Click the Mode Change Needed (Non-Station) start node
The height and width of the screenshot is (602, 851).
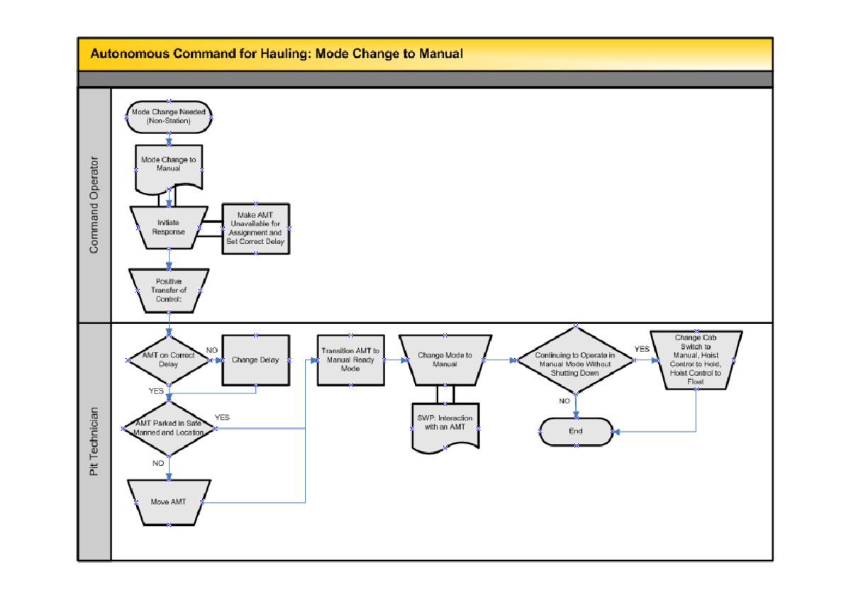pyautogui.click(x=168, y=116)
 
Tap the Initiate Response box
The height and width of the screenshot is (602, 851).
pyautogui.click(x=168, y=227)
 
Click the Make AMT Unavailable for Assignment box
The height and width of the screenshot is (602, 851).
pyautogui.click(x=255, y=228)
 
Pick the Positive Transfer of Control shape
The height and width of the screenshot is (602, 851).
pyautogui.click(x=168, y=290)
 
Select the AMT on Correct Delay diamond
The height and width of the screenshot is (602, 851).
pyautogui.click(x=168, y=359)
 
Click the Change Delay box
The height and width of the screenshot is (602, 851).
pyautogui.click(x=255, y=359)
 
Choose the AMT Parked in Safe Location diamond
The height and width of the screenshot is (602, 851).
pyautogui.click(x=168, y=428)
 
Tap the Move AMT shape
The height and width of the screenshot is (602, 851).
pyautogui.click(x=168, y=502)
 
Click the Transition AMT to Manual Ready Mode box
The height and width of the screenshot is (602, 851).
pyautogui.click(x=350, y=359)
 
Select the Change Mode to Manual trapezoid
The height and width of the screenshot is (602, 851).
pyautogui.click(x=445, y=359)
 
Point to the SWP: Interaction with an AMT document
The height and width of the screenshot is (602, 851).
pyautogui.click(x=445, y=424)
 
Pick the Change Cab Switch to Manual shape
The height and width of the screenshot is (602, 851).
pyautogui.click(x=696, y=359)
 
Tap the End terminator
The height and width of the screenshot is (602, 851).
pyautogui.click(x=575, y=431)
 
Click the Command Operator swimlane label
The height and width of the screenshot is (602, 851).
pyautogui.click(x=94, y=205)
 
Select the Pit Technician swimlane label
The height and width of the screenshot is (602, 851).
pyautogui.click(x=94, y=441)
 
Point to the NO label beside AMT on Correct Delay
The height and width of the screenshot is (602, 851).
pyautogui.click(x=212, y=350)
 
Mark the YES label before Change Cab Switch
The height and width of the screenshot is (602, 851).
pyautogui.click(x=641, y=349)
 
